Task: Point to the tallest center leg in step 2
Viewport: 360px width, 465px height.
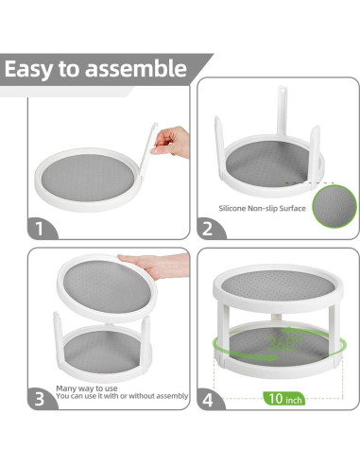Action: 282,113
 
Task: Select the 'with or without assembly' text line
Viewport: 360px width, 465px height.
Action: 142,396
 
